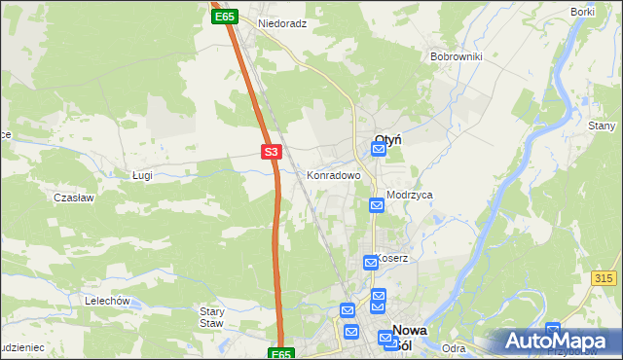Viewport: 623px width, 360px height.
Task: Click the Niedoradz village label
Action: (x=282, y=23)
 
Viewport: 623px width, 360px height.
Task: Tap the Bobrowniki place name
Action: (x=457, y=56)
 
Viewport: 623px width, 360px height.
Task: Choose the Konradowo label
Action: (x=334, y=176)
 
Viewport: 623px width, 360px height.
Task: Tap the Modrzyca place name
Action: (x=409, y=195)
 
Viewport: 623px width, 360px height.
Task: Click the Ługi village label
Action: (x=142, y=174)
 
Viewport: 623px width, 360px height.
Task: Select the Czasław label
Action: (x=73, y=198)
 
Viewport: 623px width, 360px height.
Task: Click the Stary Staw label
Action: (x=212, y=317)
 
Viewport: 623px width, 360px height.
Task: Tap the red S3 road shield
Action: (x=272, y=152)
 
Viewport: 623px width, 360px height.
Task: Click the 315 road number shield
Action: (x=604, y=278)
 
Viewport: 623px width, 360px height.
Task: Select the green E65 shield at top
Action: (x=225, y=17)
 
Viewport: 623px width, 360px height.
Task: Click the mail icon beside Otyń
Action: (x=379, y=149)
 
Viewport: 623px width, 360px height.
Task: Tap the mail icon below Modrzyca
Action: (x=377, y=205)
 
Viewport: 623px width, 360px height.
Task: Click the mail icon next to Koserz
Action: (x=371, y=262)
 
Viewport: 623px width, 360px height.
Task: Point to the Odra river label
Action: (x=453, y=348)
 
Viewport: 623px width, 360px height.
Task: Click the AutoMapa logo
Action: (x=557, y=341)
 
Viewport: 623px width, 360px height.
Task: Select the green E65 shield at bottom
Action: (x=280, y=354)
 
